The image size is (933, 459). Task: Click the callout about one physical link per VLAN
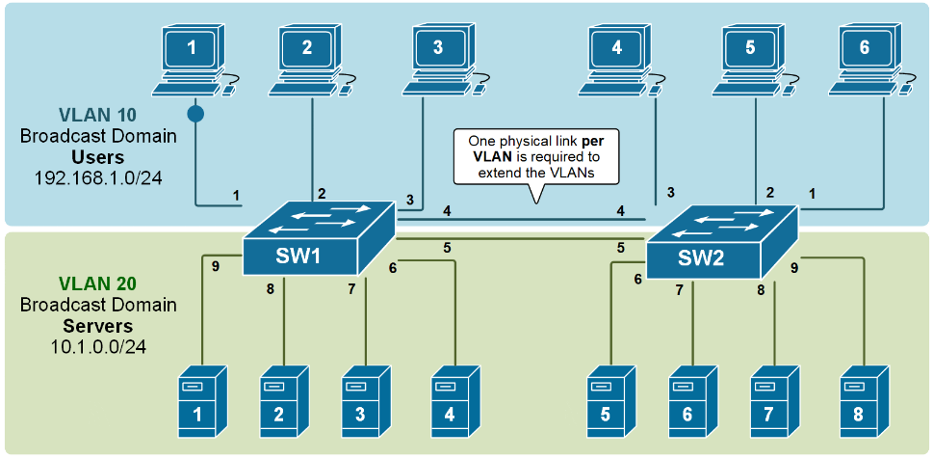[536, 156]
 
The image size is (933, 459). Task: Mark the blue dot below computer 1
[196, 114]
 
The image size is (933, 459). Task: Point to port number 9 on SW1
[217, 265]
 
